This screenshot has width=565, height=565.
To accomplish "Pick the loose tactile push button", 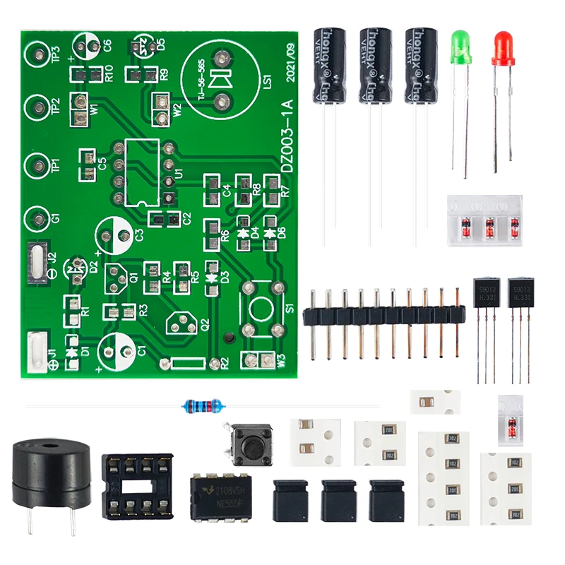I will (248, 442).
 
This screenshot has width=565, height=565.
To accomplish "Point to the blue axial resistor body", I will (203, 405).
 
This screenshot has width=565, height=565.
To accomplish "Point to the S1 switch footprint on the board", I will (261, 308).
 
